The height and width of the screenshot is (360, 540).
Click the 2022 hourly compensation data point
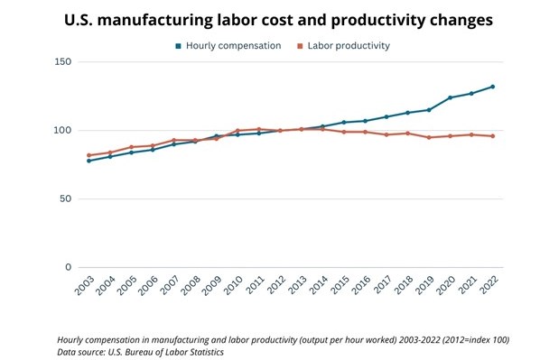click(x=492, y=87)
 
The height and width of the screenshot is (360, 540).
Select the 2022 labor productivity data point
click(x=492, y=136)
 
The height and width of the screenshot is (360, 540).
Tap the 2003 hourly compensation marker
click(x=88, y=161)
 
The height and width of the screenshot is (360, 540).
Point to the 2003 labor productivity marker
click(x=88, y=155)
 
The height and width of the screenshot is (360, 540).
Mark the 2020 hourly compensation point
click(x=450, y=97)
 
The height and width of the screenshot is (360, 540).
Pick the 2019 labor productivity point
click(x=429, y=137)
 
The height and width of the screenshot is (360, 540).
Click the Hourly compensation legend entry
click(x=228, y=46)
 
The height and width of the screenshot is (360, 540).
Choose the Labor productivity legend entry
click(x=344, y=46)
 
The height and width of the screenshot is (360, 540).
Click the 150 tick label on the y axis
click(x=63, y=61)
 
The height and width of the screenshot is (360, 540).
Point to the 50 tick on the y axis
click(x=65, y=198)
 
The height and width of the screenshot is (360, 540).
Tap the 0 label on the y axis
click(x=69, y=267)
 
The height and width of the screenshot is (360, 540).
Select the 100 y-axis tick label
click(x=63, y=130)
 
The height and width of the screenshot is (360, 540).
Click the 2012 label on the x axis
click(x=277, y=284)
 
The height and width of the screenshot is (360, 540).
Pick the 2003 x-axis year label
click(x=84, y=285)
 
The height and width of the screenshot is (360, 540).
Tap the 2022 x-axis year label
click(x=489, y=284)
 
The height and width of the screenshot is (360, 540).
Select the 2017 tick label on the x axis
click(x=383, y=284)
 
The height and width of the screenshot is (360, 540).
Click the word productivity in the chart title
click(x=378, y=21)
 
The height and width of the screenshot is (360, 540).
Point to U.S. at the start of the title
click(x=79, y=20)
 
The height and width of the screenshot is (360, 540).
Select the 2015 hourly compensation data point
click(x=344, y=122)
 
